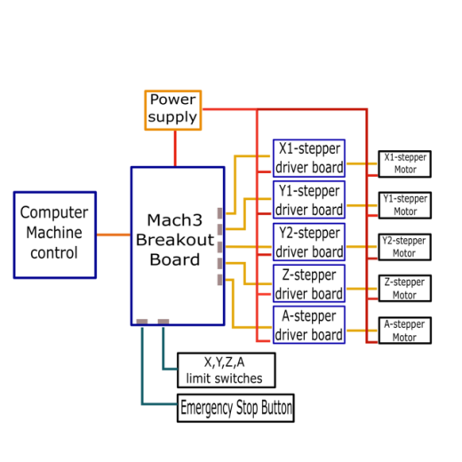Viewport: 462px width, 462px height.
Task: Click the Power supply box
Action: tap(173, 110)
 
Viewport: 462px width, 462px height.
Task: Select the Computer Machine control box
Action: tap(55, 235)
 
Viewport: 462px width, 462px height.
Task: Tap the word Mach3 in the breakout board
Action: tap(175, 220)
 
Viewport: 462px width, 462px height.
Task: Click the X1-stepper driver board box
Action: tap(309, 158)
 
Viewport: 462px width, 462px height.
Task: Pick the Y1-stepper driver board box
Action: tap(309, 200)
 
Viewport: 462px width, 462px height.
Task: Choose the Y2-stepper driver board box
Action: tap(309, 242)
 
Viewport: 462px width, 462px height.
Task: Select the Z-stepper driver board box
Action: tap(309, 283)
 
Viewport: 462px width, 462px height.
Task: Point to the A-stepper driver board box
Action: tap(309, 325)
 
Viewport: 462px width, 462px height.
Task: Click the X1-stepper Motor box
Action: tap(405, 164)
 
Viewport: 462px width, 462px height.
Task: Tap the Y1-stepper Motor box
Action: tap(405, 205)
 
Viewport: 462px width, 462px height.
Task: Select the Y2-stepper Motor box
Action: tap(405, 247)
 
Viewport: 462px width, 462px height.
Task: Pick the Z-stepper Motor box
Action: tap(405, 289)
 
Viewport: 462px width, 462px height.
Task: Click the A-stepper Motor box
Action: tap(405, 331)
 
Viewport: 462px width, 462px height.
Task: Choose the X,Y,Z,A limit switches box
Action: tap(227, 370)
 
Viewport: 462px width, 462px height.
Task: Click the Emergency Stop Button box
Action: tap(235, 408)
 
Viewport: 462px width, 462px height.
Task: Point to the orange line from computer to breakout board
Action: tap(114, 235)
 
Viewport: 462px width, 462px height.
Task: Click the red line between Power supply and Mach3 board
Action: tap(175, 148)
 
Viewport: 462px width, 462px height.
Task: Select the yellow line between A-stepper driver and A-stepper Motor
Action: tap(362, 331)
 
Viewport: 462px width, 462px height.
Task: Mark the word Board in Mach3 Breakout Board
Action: tap(175, 259)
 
